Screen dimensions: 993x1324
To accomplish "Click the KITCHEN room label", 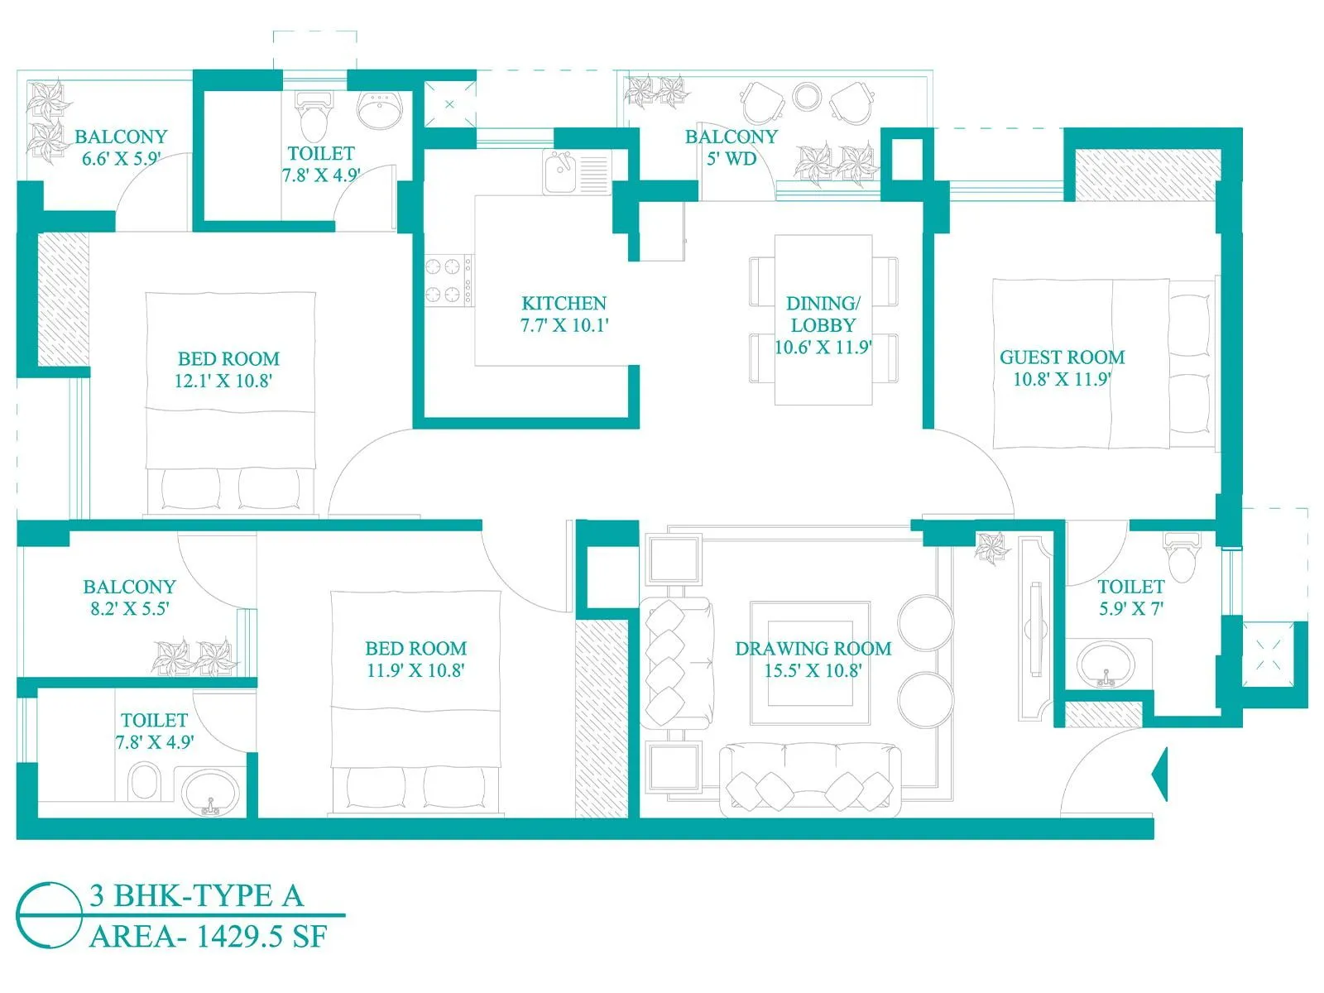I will (564, 303).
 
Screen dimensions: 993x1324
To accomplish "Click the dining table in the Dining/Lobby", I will (823, 320).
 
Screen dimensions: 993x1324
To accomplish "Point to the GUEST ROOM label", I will (1062, 357).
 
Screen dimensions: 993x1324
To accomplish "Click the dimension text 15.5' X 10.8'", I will (812, 670).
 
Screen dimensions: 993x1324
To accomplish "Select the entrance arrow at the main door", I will (1160, 774).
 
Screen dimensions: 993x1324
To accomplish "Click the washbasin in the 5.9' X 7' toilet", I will (1106, 664).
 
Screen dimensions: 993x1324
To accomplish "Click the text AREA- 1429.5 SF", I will (209, 937).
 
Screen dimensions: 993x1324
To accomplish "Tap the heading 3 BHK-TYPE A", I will (196, 895).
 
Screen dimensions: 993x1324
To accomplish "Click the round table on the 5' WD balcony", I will (806, 96).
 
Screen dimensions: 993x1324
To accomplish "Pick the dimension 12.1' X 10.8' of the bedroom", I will (223, 381).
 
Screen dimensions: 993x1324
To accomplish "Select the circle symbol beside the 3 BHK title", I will (49, 915).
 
